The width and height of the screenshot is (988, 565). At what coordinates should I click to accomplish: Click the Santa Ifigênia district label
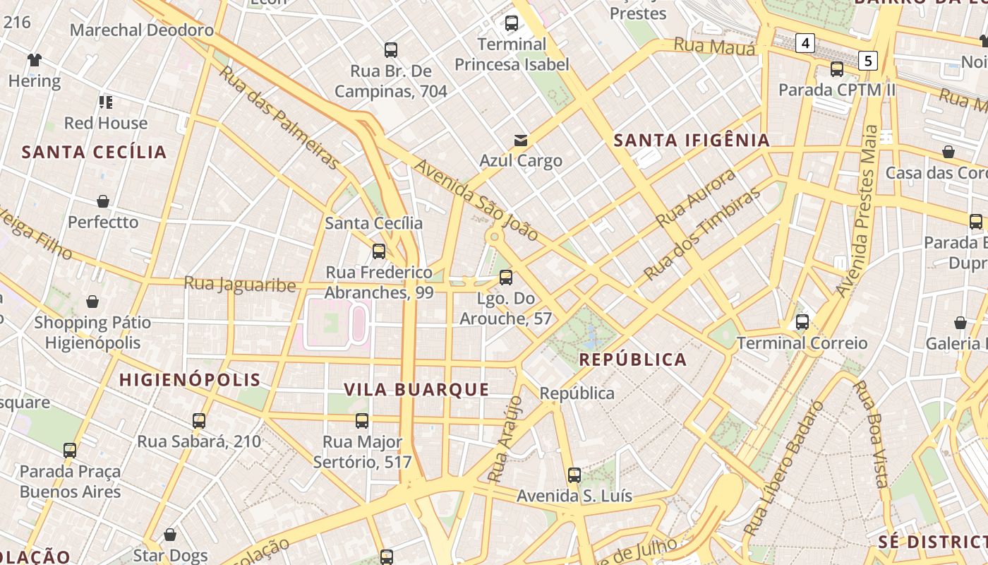[691, 141]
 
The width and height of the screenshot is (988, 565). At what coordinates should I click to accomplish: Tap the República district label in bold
[632, 359]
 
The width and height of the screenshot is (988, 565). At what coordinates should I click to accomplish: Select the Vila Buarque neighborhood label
[416, 389]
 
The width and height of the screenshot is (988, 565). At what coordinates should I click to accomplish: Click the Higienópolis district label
[190, 380]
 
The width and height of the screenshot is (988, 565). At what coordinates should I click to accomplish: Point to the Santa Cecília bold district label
[94, 152]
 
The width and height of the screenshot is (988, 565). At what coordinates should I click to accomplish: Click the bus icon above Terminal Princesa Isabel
[512, 23]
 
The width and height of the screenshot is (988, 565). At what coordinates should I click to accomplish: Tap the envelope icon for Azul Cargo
[521, 140]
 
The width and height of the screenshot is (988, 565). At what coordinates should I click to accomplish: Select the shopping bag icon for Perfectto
[103, 201]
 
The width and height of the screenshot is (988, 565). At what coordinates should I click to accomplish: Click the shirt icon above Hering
[34, 60]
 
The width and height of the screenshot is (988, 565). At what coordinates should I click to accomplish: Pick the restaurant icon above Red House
[106, 102]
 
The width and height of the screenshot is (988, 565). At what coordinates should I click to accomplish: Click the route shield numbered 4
[805, 44]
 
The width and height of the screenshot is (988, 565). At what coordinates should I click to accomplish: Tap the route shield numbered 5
[868, 61]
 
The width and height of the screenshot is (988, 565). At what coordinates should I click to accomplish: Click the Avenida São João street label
[476, 200]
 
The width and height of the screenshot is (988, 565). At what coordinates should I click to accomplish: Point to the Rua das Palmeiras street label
[279, 117]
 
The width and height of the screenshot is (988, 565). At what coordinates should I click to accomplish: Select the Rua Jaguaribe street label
[240, 284]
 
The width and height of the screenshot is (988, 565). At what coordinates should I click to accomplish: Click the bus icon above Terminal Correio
[802, 323]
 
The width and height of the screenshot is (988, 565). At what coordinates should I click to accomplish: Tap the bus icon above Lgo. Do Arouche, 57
[505, 278]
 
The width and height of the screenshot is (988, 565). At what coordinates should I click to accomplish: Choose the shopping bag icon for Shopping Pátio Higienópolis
[92, 302]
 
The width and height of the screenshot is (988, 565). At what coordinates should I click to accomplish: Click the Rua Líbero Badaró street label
[784, 468]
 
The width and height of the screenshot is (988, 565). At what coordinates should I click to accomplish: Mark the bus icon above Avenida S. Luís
[574, 475]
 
